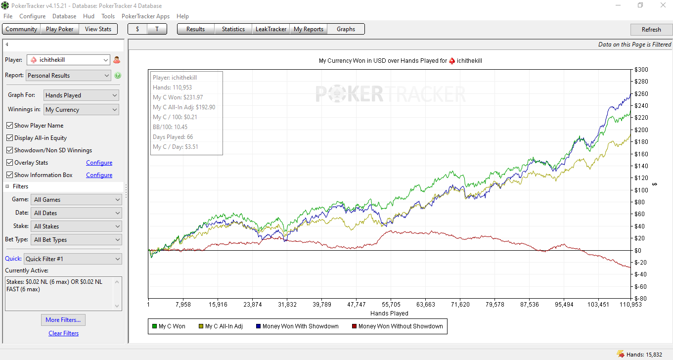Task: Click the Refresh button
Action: point(651,30)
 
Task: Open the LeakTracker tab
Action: point(270,29)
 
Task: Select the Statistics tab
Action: point(233,29)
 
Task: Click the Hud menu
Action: point(89,16)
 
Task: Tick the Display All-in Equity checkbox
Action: point(9,138)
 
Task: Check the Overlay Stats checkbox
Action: point(9,163)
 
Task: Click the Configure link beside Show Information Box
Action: point(99,175)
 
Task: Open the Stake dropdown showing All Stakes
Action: point(76,226)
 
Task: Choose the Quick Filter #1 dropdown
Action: point(73,259)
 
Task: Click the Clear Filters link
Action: point(63,333)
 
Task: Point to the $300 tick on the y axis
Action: point(641,70)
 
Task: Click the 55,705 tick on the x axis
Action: point(391,305)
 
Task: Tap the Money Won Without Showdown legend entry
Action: point(397,326)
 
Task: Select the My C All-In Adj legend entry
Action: point(221,326)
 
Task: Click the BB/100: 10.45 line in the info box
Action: point(170,127)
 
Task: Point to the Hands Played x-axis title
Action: point(389,314)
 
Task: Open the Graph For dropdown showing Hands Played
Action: point(81,95)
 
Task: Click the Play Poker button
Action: point(59,29)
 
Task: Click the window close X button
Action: point(663,5)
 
